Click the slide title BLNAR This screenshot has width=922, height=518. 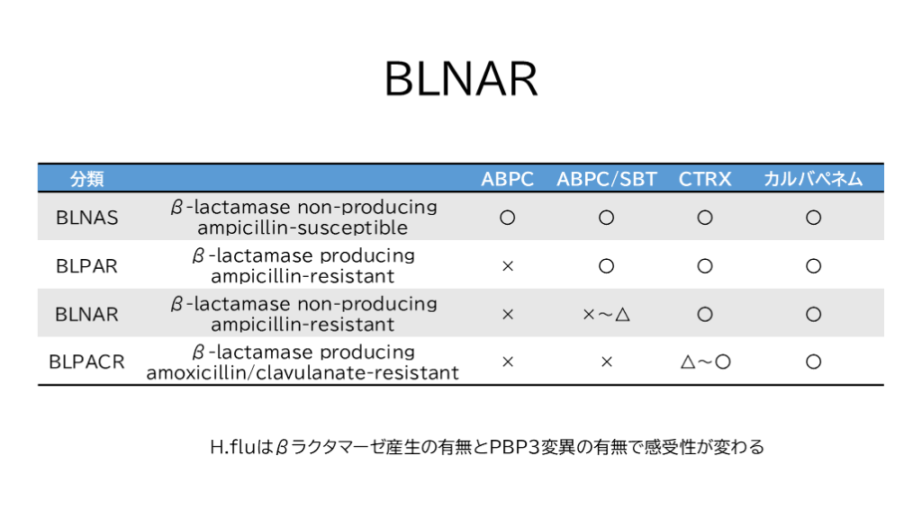pos(461,79)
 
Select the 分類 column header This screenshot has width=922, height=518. pos(87,179)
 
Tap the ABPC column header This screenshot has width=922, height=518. pos(508,179)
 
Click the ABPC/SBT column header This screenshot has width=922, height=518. pos(606,179)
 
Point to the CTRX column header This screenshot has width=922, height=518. pos(705,179)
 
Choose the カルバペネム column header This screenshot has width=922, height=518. pos(813,179)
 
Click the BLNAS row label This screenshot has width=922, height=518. pos(87,218)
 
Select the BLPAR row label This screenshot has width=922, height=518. pos(87,266)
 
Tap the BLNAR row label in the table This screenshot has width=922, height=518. pos(87,314)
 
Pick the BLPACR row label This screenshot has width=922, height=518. pos(87,362)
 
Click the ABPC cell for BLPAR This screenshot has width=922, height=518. pos(508,266)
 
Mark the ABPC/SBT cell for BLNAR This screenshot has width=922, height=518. pos(606,314)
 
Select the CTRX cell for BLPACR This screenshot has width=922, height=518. pos(705,362)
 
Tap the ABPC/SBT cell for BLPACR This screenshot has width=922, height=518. pos(606,362)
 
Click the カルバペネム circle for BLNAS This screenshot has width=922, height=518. pos(813,218)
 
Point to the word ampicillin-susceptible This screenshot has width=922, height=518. pos(303,228)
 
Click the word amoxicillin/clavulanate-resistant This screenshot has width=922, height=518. pos(303,372)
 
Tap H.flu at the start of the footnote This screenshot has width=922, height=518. pos(233,447)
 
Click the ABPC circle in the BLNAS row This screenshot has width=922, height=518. pos(508,218)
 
